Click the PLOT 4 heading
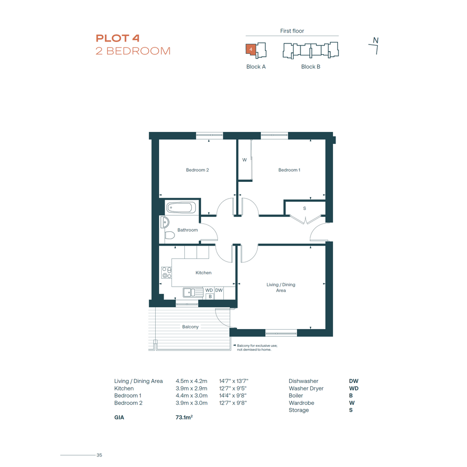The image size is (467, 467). tap(117, 38)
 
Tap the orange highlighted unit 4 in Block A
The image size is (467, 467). tap(251, 49)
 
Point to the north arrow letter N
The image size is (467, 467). tap(376, 40)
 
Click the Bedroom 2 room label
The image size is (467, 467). tap(197, 170)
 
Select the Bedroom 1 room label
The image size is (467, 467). tap(289, 170)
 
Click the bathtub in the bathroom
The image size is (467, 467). tap(181, 208)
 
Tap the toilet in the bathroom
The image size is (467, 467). tap(169, 235)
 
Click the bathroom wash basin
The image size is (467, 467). tap(165, 222)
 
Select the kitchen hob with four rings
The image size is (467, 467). tap(166, 272)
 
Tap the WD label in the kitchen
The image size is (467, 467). tap(209, 290)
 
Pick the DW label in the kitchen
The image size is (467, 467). tap(219, 290)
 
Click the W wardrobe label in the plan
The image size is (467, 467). tap(245, 160)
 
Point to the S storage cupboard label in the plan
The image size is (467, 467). tap(304, 209)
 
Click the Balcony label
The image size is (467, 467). tap(190, 327)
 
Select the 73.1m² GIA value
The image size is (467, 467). tap(184, 417)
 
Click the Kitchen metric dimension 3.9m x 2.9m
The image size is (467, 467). tap(192, 388)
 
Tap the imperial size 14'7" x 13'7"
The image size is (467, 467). tap(233, 381)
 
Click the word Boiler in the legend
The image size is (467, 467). tap(296, 395)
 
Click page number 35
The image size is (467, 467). tap(99, 455)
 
